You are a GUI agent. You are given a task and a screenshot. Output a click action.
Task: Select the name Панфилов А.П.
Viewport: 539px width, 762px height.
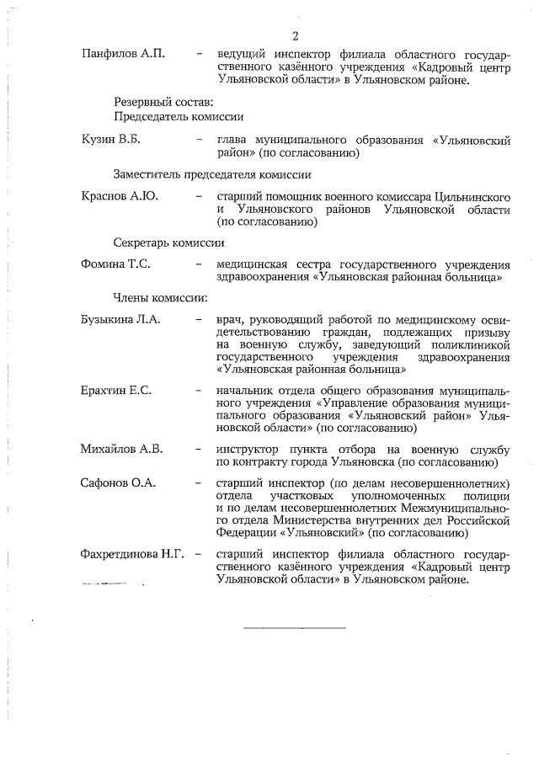122,54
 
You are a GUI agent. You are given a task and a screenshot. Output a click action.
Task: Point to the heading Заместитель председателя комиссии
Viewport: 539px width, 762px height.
212,175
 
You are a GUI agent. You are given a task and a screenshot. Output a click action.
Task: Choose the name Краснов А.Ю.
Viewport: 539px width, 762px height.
120,196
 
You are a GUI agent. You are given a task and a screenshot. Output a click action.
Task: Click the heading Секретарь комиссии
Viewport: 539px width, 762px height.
169,243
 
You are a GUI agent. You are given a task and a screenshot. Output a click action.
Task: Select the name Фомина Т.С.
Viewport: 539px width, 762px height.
115,264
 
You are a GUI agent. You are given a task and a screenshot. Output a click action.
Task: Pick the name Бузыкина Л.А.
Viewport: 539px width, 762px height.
120,320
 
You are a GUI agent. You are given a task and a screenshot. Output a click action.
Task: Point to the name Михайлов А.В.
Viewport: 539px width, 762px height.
121,448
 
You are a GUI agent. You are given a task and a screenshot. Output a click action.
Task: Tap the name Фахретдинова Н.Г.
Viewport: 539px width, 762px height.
132,555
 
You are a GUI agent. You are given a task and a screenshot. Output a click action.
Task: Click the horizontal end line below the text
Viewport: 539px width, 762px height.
295,627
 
